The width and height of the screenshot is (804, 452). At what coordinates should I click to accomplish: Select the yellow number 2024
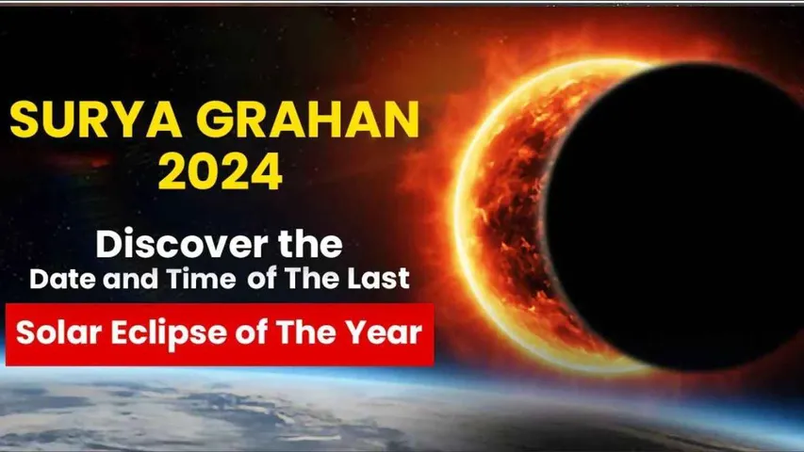[220, 174]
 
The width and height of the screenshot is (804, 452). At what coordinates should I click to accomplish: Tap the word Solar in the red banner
[57, 333]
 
